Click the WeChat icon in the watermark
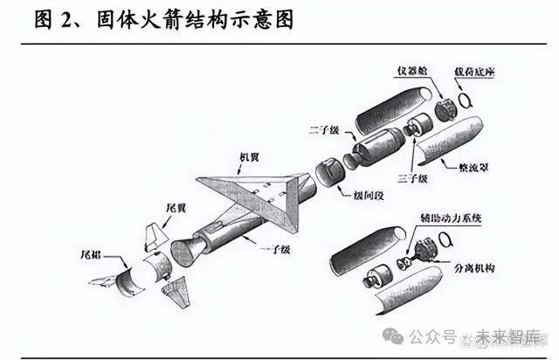pyautogui.click(x=399, y=337)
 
